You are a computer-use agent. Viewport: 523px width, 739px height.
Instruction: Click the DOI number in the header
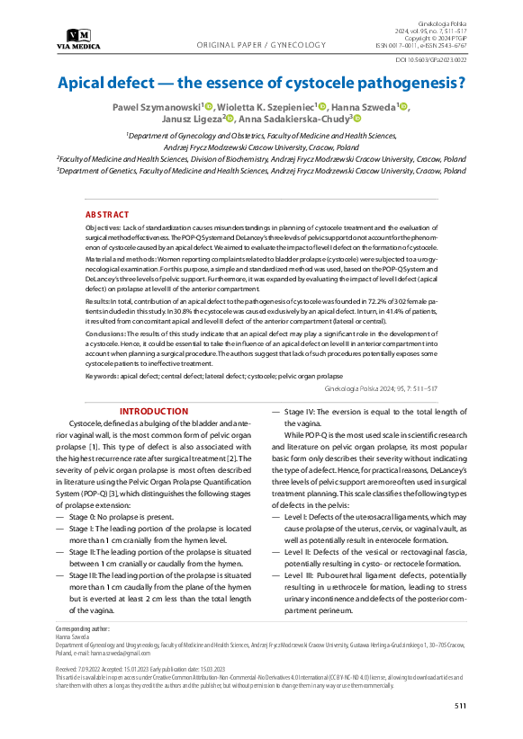(430, 61)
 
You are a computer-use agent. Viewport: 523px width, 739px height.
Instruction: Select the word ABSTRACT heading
(106, 216)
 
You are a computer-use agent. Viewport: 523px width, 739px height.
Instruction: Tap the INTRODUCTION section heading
(154, 412)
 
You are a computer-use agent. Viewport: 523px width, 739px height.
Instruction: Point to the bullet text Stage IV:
(302, 412)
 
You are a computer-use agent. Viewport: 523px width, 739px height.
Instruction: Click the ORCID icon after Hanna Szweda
(403, 106)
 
